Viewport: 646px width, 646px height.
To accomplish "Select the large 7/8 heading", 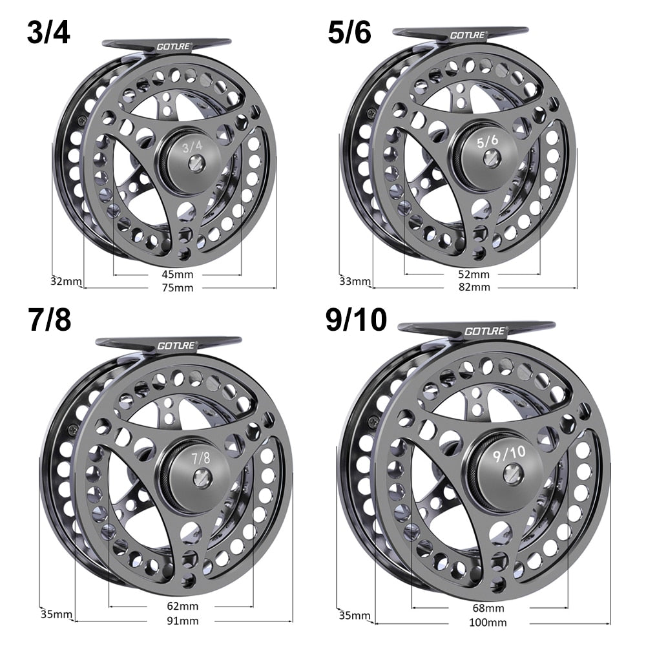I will click(x=50, y=320).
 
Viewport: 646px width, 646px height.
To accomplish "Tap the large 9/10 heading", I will click(x=356, y=320).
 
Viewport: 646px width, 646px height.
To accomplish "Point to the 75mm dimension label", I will click(x=179, y=287).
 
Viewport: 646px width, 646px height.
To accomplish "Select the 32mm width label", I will click(x=67, y=281).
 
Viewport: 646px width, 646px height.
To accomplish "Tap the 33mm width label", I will click(x=355, y=281).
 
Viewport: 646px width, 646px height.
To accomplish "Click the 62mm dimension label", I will click(x=182, y=607).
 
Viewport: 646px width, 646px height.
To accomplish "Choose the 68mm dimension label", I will click(x=489, y=609).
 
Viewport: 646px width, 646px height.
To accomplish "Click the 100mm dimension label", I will click(x=489, y=623).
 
